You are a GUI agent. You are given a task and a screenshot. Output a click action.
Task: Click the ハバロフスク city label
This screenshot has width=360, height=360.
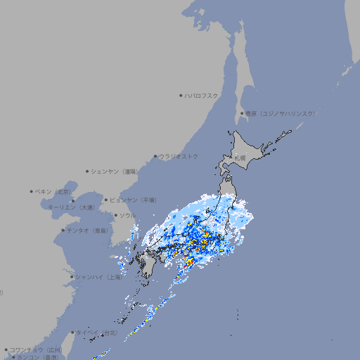202,95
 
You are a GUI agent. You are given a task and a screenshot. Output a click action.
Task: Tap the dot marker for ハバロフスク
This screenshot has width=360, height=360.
181,95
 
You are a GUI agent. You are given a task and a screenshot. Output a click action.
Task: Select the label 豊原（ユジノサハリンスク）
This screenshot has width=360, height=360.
281,113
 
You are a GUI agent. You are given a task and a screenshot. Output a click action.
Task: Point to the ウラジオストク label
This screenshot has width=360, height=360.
179,156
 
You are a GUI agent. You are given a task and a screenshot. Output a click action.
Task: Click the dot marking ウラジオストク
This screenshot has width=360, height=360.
155,156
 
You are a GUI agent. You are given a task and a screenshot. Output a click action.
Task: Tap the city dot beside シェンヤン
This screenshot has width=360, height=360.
87,171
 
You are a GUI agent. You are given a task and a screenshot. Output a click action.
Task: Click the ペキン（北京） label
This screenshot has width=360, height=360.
53,191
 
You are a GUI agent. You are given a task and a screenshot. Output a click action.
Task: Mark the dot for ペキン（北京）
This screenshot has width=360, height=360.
32,191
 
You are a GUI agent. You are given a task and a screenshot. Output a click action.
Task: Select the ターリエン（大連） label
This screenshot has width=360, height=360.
71,207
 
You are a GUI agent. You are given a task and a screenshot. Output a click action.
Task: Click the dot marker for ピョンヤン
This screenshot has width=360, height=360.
106,200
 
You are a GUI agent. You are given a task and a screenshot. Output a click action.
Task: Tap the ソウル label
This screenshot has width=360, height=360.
127,215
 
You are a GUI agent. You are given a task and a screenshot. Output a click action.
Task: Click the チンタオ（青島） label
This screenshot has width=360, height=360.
87,230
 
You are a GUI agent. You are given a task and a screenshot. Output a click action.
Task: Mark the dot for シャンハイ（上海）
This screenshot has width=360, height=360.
72,277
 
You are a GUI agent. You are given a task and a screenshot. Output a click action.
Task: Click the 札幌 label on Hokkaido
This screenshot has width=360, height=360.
240,158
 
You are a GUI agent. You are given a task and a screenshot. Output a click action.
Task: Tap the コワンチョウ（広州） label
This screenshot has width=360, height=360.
36,349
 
